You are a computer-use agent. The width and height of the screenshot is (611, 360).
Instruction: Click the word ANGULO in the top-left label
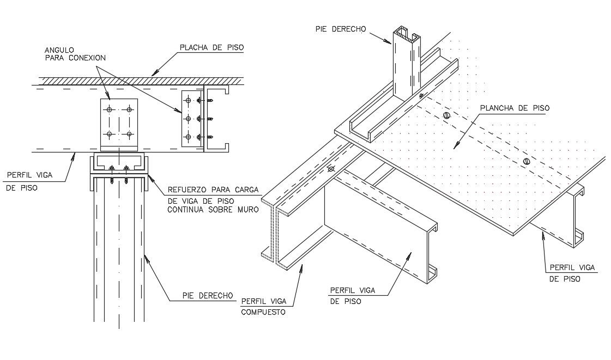58,49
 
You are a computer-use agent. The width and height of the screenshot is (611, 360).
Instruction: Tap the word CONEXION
88,57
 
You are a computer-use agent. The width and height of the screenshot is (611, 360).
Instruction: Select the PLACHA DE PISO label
211,47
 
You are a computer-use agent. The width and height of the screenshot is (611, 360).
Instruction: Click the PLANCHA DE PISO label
515,108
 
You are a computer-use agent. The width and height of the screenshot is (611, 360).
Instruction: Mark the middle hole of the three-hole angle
188,118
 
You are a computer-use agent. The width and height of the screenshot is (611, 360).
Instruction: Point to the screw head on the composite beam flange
330,169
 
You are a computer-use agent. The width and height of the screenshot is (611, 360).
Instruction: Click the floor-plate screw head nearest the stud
446,116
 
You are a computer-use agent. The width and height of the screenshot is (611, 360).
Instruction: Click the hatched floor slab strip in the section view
136,80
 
